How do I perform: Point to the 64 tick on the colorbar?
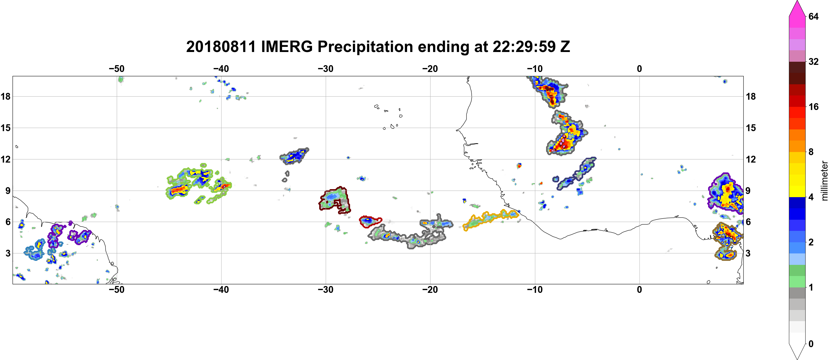coord(813,16)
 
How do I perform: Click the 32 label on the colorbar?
coord(813,61)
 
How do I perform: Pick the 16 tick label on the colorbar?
coord(813,107)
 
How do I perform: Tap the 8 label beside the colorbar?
coord(811,152)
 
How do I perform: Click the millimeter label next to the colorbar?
coord(824,181)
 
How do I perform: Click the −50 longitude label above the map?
coord(116,69)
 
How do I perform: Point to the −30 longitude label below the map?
coord(326,289)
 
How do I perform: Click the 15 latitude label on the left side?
coord(5,128)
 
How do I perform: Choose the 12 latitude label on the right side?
coord(751,159)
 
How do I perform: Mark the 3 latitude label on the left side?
coord(8,253)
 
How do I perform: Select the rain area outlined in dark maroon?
coord(335,200)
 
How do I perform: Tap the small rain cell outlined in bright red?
coord(370,221)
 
